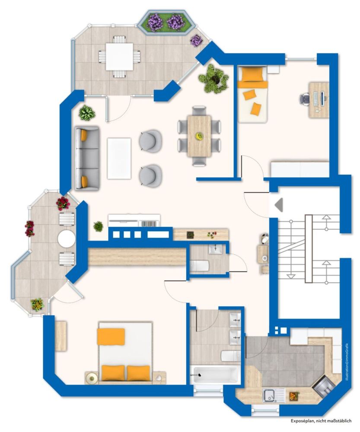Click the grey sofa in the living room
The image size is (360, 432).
click(x=87, y=158)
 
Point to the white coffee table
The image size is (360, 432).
click(x=119, y=158)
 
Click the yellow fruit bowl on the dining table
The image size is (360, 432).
click(x=199, y=136)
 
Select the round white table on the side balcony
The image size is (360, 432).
click(x=67, y=238)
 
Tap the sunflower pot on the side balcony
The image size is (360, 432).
click(x=37, y=305)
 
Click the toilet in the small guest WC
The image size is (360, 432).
click(x=200, y=265)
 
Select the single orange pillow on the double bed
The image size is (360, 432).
click(x=111, y=337)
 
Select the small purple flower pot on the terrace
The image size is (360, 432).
click(x=197, y=41)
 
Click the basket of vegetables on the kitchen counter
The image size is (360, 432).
click(x=294, y=395)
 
